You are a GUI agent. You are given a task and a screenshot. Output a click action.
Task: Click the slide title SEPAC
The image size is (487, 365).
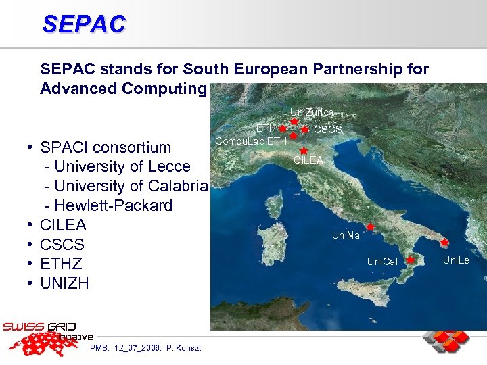(84, 24)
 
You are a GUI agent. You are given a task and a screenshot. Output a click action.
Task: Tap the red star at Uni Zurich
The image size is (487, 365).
(294, 122)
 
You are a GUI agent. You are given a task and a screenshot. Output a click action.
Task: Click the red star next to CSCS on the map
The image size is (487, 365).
(306, 129)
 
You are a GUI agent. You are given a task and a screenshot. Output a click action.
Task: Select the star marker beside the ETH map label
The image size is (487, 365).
(282, 128)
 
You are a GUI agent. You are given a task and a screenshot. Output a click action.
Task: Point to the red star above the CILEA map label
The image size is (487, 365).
(304, 150)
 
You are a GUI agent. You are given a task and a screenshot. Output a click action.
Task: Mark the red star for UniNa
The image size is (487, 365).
(371, 227)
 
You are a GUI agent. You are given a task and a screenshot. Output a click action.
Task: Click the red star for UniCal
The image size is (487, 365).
(411, 259)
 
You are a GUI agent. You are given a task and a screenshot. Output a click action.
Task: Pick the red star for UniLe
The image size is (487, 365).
(444, 242)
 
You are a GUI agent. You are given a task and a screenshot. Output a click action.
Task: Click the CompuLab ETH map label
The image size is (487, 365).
(250, 141)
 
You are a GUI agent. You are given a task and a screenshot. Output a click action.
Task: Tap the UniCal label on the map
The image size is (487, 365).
(382, 261)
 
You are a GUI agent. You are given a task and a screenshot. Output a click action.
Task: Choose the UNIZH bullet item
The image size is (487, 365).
(64, 283)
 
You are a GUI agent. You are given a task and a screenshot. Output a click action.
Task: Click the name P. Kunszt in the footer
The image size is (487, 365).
(179, 347)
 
